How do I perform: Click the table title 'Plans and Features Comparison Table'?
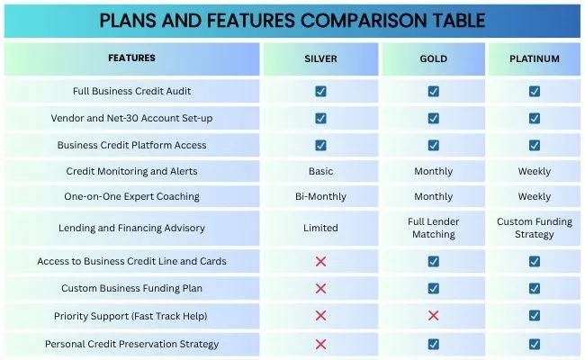292,20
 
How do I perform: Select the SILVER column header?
320,58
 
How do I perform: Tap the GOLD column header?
433,58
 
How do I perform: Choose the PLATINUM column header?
535,58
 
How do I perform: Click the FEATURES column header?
131,58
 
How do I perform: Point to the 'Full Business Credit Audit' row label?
131,91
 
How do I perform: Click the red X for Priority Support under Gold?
433,316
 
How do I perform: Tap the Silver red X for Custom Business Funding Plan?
320,288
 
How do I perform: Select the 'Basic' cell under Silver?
320,171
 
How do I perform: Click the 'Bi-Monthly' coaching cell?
320,196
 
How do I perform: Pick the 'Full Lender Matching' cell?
433,228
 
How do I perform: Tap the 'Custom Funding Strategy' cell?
535,228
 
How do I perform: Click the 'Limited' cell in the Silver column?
320,228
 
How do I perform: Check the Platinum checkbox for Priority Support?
535,316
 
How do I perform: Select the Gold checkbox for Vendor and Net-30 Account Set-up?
433,118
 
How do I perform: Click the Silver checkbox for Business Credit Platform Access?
320,145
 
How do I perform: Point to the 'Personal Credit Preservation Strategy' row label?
131,344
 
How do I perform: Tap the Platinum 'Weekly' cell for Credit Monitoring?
535,171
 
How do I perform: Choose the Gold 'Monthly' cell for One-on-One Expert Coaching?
433,196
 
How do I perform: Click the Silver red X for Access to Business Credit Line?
320,261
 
